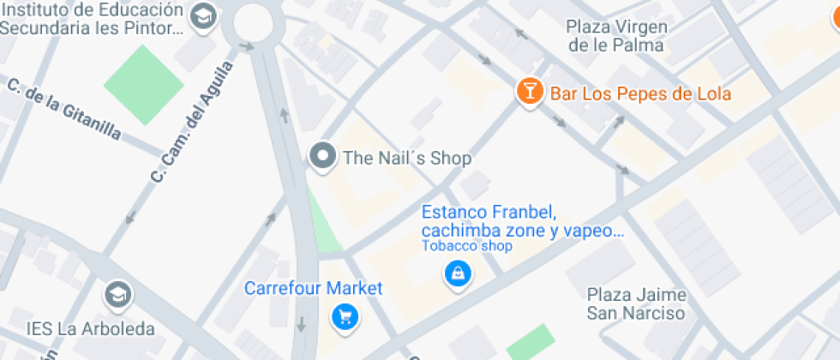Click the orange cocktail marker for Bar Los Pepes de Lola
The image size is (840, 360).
(531, 92)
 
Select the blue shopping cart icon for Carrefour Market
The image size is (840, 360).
(345, 317)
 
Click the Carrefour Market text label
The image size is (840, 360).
(314, 288)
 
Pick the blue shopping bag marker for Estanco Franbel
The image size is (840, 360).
(458, 274)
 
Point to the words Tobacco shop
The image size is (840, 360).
(466, 247)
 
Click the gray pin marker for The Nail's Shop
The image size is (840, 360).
(323, 157)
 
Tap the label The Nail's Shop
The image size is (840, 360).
(406, 159)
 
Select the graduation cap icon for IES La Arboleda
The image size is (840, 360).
(116, 297)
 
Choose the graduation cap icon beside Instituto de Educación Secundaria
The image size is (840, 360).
(203, 16)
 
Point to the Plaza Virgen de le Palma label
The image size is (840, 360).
(616, 36)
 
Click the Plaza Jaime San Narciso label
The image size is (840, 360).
(636, 303)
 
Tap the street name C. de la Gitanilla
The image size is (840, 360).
(64, 110)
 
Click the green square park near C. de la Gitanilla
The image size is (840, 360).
(144, 83)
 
